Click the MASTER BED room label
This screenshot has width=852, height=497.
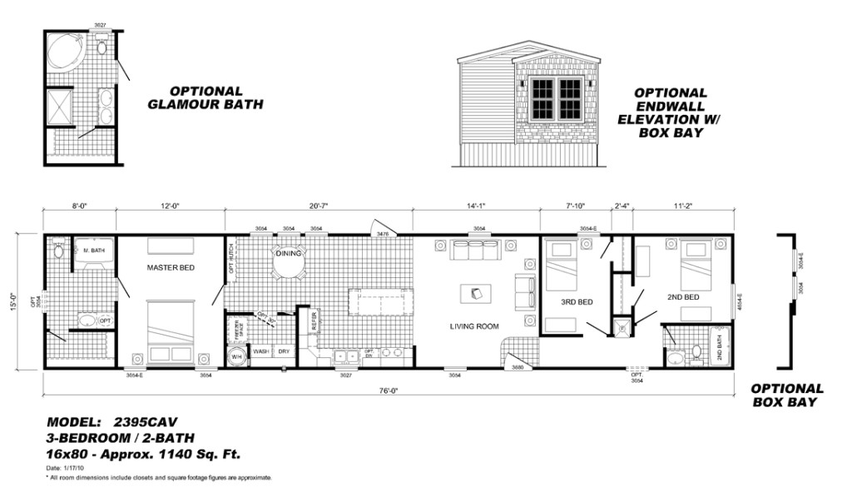(171, 268)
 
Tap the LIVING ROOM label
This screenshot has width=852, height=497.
(474, 326)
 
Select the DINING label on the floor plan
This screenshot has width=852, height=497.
(289, 253)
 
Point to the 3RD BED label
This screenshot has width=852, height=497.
(576, 301)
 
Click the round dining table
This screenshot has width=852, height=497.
(289, 265)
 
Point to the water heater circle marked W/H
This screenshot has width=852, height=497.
(236, 356)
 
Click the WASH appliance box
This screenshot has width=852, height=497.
(260, 352)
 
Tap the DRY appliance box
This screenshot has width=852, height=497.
(284, 352)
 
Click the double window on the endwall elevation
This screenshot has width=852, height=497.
(556, 99)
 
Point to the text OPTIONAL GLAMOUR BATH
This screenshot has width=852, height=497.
(206, 97)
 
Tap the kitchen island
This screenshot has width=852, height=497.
(380, 301)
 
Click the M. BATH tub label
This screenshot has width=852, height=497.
(92, 250)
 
